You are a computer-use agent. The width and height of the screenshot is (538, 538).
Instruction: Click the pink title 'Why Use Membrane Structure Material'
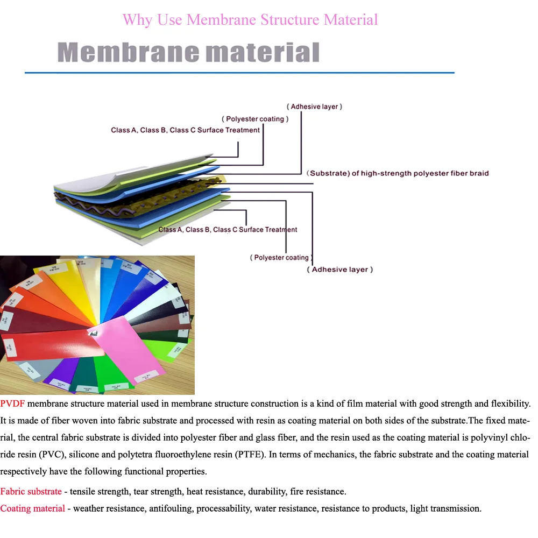tap(250, 20)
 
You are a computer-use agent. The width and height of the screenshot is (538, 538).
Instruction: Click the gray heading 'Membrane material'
tap(188, 53)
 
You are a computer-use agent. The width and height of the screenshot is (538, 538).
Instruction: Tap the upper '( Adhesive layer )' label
tap(314, 107)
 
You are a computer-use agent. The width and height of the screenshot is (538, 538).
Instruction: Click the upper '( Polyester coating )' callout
tap(255, 119)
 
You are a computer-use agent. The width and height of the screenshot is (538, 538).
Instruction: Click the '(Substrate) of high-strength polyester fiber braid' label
tap(398, 173)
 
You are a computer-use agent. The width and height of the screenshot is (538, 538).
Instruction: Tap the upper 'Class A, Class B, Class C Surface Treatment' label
tap(185, 130)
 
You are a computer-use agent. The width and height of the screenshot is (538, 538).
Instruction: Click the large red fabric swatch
tap(48, 344)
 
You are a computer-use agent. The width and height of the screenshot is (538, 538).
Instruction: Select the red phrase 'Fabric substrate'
tap(31, 491)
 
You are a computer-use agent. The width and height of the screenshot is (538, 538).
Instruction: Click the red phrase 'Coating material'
tap(32, 508)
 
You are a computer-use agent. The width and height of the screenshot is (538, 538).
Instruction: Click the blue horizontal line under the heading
tap(239, 72)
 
